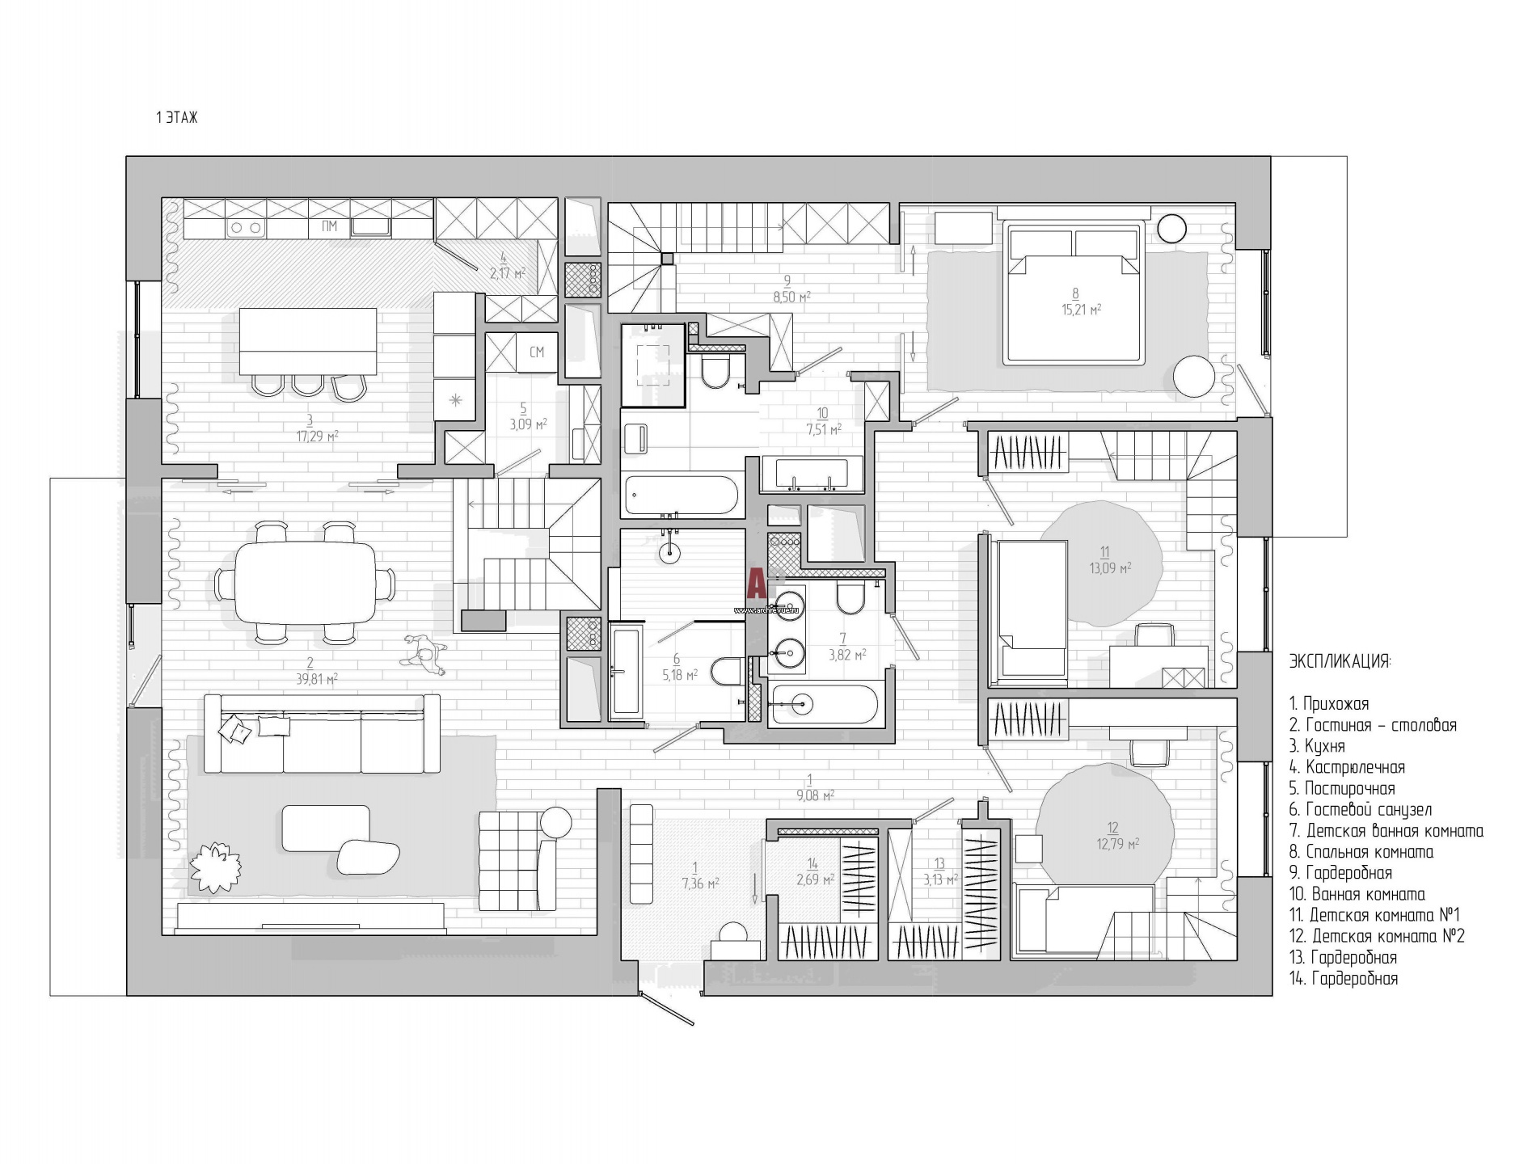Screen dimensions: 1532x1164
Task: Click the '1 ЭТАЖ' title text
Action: pos(176,118)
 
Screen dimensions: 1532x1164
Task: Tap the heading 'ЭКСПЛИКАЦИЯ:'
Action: pos(1340,662)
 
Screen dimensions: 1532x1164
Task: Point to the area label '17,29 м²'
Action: pos(317,435)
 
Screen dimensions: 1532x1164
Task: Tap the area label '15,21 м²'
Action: pos(1081,309)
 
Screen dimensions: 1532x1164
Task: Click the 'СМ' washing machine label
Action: pos(537,352)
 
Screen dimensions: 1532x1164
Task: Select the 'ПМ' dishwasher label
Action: pos(329,227)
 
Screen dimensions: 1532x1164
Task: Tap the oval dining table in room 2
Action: pos(305,583)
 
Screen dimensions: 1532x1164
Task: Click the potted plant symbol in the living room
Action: pos(216,867)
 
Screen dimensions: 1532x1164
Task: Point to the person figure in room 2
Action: pos(423,653)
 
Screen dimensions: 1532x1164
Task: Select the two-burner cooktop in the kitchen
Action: pos(246,228)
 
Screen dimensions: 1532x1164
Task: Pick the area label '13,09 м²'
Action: pos(1109,568)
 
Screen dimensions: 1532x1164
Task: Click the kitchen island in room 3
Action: pos(308,341)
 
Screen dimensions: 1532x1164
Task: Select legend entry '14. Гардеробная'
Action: pos(1344,979)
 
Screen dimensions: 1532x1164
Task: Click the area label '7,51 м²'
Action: pos(823,429)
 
